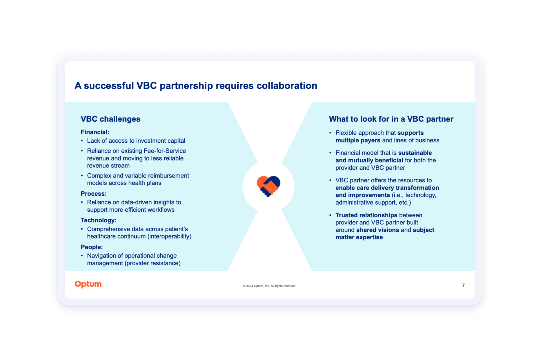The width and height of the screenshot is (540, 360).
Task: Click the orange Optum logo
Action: point(88,284)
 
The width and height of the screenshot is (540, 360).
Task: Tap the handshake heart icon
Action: point(268,186)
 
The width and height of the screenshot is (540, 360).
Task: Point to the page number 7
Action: point(463,285)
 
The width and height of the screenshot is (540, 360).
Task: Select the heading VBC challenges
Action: point(110,119)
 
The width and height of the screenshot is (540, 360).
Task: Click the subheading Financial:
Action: point(95,132)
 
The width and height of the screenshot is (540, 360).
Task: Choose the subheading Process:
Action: point(93,194)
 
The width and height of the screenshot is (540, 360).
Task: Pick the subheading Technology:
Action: point(99,220)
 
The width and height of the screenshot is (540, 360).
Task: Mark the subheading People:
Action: point(92,247)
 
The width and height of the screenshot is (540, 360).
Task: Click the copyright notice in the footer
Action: point(269,286)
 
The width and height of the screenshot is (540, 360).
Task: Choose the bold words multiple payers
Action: point(358,140)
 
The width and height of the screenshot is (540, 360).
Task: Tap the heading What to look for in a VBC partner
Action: point(391,119)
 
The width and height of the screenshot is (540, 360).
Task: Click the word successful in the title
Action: point(109,86)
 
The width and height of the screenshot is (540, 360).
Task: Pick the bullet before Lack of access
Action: point(82,141)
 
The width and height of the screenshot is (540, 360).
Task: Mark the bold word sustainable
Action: point(415,153)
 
